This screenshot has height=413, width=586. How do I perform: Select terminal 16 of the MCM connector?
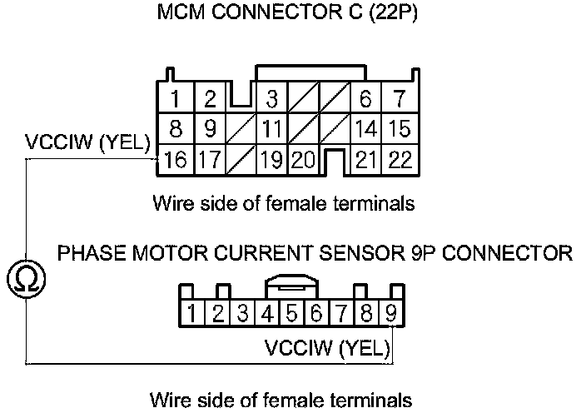pyautogui.click(x=175, y=159)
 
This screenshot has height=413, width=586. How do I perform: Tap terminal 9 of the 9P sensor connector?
pyautogui.click(x=390, y=314)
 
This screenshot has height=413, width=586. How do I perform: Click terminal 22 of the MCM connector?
pyautogui.click(x=400, y=159)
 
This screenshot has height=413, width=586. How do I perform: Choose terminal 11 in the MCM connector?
pyautogui.click(x=271, y=130)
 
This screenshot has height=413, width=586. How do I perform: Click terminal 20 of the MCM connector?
pyautogui.click(x=304, y=159)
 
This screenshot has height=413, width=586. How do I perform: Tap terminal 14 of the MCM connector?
pyautogui.click(x=365, y=130)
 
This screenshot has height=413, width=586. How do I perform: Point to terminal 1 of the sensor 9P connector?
pyautogui.click(x=192, y=314)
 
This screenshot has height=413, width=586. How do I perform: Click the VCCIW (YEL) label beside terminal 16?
pyautogui.click(x=87, y=143)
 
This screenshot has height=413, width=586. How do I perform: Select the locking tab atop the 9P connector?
pyautogui.click(x=291, y=286)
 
